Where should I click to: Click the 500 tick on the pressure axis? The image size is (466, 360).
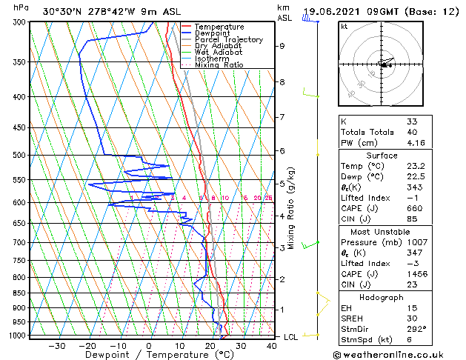[16, 155]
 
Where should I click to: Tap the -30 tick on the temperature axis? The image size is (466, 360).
[57, 345]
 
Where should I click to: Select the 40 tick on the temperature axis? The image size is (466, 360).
[272, 345]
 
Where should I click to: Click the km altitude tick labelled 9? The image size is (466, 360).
[282, 46]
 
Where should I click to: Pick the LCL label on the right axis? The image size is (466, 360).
[292, 337]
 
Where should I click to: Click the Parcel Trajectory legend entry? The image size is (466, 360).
[228, 40]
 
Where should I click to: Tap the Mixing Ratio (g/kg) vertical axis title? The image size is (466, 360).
[293, 207]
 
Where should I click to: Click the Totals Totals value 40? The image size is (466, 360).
[412, 132]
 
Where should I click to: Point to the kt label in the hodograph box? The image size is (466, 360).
[344, 27]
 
